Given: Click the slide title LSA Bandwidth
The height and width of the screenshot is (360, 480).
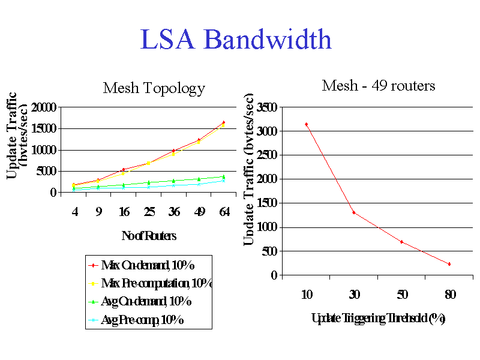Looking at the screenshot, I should (x=236, y=40).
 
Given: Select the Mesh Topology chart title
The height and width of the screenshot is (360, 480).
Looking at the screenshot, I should (x=154, y=89).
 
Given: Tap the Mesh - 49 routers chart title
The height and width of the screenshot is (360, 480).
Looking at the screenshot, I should (x=378, y=86).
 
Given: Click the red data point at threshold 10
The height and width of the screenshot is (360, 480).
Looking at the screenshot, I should (x=306, y=124).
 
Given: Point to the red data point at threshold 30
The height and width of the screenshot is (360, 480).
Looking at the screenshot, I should (x=354, y=212).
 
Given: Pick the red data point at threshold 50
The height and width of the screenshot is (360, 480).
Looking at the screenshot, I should (x=401, y=242).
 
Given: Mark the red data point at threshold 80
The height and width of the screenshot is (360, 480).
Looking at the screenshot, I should (x=449, y=264).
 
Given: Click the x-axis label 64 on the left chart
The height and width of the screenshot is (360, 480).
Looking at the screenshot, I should (x=223, y=212).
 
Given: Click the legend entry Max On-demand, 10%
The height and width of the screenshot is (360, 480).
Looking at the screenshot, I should (x=148, y=265).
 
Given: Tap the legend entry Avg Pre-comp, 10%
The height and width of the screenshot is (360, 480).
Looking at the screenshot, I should (x=142, y=320).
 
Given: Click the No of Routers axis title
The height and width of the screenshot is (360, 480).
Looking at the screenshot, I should (x=149, y=236).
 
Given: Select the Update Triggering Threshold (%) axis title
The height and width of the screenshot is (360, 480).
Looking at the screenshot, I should (x=378, y=318).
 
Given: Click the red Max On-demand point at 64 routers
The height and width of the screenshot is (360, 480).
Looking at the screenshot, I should (x=223, y=122).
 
